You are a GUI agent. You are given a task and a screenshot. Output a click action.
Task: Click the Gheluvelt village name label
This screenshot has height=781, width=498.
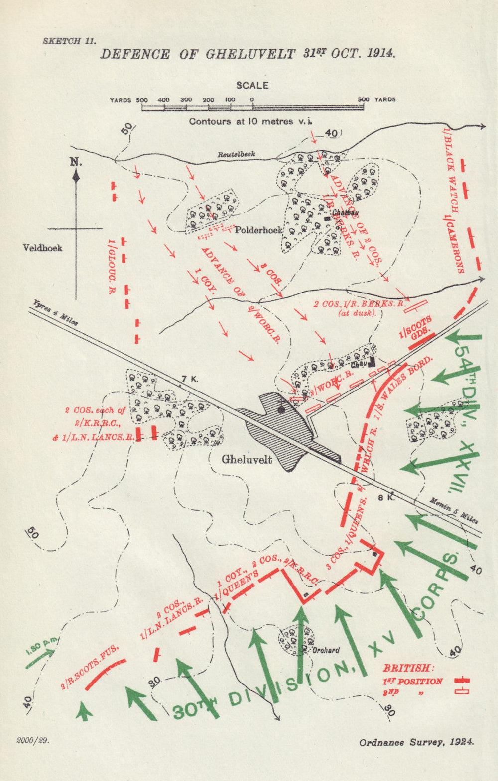[247, 459]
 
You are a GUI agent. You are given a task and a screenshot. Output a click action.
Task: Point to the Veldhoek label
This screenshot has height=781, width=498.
[43, 247]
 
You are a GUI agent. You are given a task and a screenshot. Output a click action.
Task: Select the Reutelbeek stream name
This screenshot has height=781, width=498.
[236, 154]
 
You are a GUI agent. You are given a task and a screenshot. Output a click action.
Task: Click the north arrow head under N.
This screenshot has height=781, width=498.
[76, 175]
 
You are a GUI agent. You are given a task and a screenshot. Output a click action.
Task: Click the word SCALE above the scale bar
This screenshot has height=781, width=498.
[252, 85]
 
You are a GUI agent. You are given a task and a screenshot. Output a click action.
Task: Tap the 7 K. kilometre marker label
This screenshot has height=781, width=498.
[189, 379]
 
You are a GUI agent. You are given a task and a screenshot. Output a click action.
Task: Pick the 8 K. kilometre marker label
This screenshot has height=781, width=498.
[386, 497]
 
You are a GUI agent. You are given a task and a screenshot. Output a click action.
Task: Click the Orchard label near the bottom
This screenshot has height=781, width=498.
[326, 650]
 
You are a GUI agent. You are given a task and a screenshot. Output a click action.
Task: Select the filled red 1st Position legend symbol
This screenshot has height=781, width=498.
[462, 681]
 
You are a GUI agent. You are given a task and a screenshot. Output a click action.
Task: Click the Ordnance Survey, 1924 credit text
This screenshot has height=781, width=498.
[416, 742]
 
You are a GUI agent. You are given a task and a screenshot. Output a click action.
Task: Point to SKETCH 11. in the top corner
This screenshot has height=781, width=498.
[69, 41]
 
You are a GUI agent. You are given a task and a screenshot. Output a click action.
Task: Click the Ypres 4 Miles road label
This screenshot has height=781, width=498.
[55, 312]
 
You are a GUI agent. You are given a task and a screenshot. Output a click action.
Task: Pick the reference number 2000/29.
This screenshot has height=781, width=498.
[32, 740]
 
